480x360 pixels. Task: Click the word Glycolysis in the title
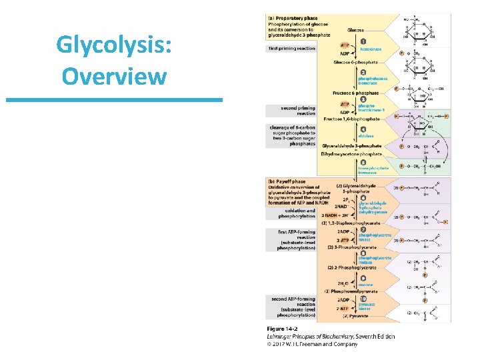(x=114, y=46)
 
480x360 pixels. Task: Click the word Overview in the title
(x=114, y=75)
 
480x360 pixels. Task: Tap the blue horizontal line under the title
(x=114, y=100)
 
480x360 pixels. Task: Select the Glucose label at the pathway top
(x=356, y=30)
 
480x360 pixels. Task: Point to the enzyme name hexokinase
(x=370, y=49)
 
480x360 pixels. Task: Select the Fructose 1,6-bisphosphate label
(x=351, y=119)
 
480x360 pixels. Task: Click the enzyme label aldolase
(x=367, y=135)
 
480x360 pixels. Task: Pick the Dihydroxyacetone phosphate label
(x=351, y=154)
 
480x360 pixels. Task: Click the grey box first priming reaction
(x=292, y=49)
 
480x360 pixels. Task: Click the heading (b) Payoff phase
(x=287, y=181)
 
